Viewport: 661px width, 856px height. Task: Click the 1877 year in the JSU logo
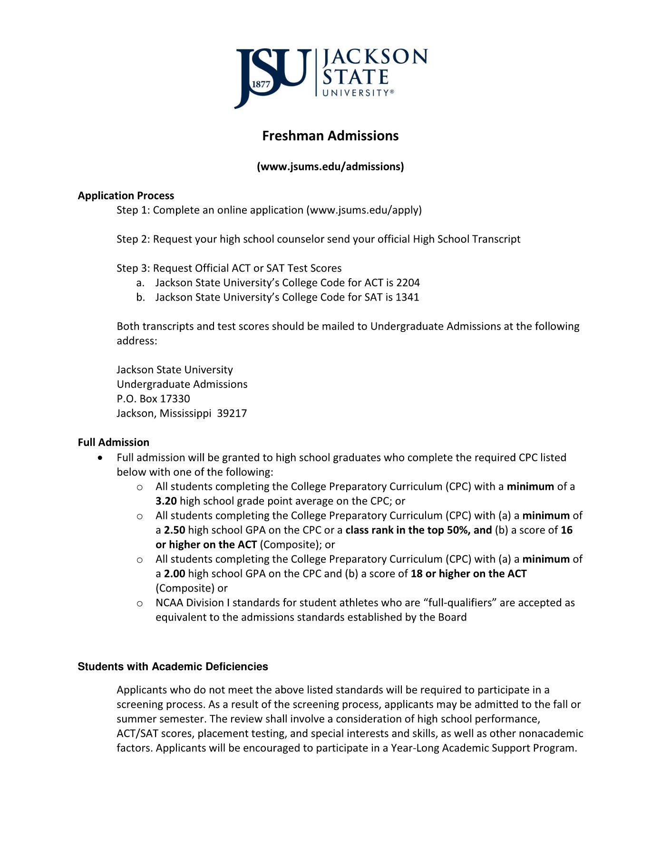261,84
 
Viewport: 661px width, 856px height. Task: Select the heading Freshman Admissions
330,136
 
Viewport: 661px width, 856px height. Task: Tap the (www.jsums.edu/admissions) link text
330,166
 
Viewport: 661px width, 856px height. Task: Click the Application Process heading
126,195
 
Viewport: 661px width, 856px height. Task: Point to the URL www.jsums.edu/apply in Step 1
364,210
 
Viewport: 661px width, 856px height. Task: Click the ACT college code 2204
408,283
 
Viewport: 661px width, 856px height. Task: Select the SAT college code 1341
408,297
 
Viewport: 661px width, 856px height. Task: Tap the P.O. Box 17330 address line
153,399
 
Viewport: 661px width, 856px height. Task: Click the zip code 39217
232,413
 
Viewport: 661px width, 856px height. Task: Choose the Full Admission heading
114,442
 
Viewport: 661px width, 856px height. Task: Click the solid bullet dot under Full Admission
100,457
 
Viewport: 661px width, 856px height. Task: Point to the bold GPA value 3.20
166,501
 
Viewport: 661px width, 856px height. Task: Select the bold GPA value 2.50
175,530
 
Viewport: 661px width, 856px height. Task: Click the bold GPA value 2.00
175,574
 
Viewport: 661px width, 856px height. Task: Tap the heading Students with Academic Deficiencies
173,667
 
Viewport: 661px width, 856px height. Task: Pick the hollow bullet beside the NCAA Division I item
140,603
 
